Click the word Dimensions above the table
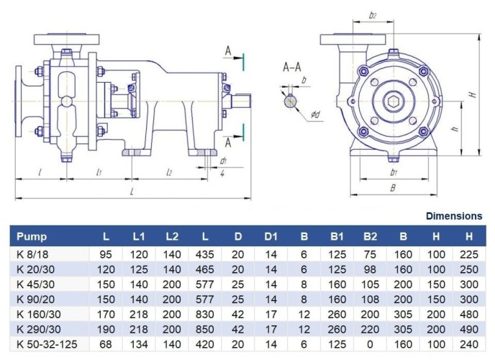pyautogui.click(x=454, y=215)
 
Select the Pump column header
pyautogui.click(x=32, y=235)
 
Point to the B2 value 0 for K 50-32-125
pyautogui.click(x=369, y=344)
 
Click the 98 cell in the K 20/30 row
pyautogui.click(x=369, y=268)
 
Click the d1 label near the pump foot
pyautogui.click(x=224, y=161)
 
